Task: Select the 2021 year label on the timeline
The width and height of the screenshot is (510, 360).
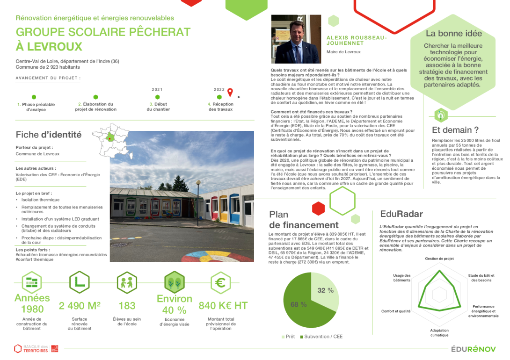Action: (157, 89)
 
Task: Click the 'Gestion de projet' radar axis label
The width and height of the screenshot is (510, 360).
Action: (439, 259)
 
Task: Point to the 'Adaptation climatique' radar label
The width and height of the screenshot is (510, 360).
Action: (439, 332)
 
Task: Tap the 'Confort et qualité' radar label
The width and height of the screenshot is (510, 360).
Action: (396, 311)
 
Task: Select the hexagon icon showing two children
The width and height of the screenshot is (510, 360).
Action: (127, 283)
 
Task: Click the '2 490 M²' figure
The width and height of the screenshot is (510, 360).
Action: (80, 306)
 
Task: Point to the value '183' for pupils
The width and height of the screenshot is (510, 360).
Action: (127, 306)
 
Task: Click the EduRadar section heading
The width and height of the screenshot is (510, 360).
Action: (395, 214)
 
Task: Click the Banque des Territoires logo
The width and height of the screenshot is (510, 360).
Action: (36, 348)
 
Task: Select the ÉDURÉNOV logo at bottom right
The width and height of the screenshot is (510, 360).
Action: (474, 349)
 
